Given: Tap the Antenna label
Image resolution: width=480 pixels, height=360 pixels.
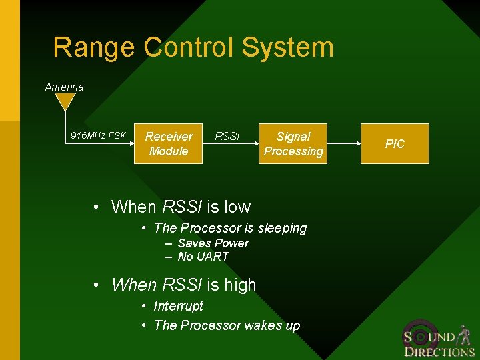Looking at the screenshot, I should click(65, 87).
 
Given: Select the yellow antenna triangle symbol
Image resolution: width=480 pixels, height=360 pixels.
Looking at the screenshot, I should click(65, 101).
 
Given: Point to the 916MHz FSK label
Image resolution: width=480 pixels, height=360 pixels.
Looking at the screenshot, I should click(99, 136).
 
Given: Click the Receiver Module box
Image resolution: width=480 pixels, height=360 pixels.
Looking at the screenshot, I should click(169, 143).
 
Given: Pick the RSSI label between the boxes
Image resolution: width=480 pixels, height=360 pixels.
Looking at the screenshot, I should click(227, 136).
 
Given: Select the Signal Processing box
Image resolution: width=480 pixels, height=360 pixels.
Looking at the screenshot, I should click(293, 143).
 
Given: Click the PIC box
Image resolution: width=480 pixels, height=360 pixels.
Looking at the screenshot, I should click(395, 143).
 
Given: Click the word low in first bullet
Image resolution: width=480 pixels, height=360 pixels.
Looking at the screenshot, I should click(237, 207).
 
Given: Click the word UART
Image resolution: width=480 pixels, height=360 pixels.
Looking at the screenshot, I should click(213, 257).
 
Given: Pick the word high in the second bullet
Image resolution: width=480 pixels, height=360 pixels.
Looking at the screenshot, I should click(240, 285).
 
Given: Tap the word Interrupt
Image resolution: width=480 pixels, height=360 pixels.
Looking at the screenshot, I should click(178, 306).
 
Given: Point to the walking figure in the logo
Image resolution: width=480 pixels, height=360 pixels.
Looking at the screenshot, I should click(465, 335).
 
